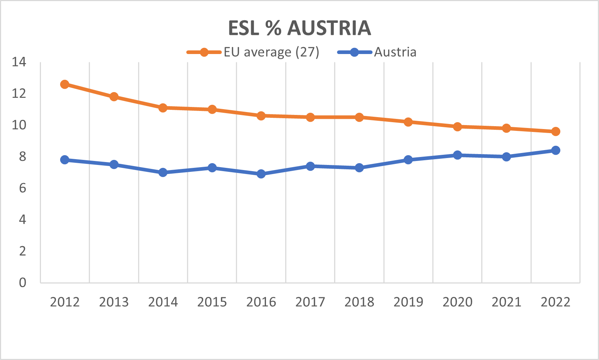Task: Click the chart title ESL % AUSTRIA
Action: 299,28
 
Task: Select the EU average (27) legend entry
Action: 253,52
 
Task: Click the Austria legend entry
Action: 377,52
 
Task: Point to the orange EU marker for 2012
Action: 65,84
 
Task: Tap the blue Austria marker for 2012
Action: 65,160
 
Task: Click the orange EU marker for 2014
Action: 163,108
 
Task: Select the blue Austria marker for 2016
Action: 261,174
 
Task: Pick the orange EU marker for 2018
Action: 359,117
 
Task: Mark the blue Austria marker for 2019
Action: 408,160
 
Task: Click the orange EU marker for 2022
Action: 556,131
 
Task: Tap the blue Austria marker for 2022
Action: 556,150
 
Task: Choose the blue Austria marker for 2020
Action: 457,155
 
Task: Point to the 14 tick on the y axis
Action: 19,62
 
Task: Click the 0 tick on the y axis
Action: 22,283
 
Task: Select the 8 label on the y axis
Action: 22,157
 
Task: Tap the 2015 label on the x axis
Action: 212,302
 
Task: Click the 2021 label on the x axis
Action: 507,302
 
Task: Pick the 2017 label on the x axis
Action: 310,302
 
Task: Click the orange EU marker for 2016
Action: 261,116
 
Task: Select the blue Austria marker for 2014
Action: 163,173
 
